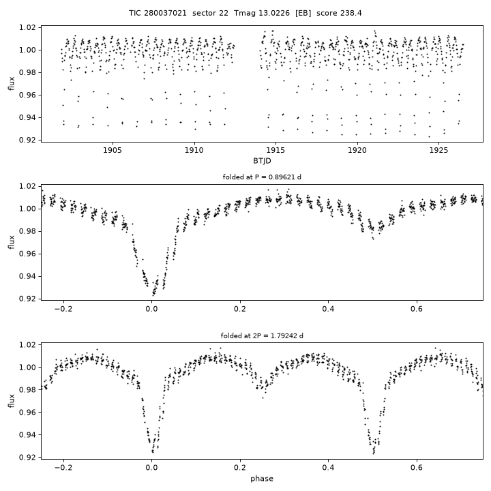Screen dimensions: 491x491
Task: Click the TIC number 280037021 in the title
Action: point(165,13)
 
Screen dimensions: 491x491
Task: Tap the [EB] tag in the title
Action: point(303,13)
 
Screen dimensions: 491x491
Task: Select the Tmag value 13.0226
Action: point(274,13)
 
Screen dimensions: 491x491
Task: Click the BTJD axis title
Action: point(262,161)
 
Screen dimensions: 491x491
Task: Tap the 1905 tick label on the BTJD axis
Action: point(113,151)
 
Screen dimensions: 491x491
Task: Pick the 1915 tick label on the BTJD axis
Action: point(276,151)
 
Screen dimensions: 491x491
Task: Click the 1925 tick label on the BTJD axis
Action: point(438,151)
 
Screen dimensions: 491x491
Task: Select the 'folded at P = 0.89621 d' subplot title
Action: point(262,177)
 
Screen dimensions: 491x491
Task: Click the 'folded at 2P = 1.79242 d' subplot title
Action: point(262,336)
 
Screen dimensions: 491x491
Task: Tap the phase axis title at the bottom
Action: point(262,479)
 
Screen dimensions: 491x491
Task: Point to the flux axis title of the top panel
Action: point(12,84)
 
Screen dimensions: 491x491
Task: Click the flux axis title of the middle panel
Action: point(12,242)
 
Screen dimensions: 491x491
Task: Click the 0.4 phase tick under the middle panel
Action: point(328,310)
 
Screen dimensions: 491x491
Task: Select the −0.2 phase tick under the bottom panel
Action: point(63,468)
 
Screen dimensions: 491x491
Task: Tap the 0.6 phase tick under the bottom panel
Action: point(417,468)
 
